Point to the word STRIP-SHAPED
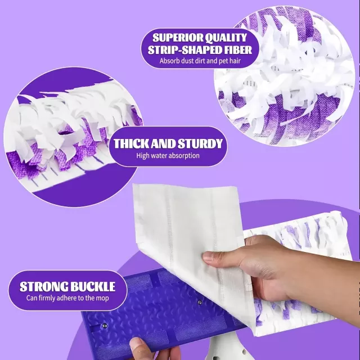pyautogui.click(x=184, y=50)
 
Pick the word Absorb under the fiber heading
pyautogui.click(x=169, y=61)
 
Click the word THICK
pyautogui.click(x=129, y=144)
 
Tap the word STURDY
pyautogui.click(x=200, y=144)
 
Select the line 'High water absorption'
pyautogui.click(x=168, y=156)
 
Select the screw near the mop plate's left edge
pyautogui.click(x=105, y=325)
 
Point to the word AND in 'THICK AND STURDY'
pyautogui.click(x=161, y=144)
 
